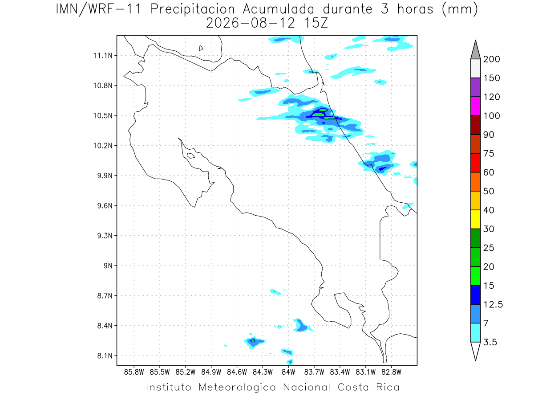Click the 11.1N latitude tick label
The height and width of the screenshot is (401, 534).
pyautogui.click(x=103, y=56)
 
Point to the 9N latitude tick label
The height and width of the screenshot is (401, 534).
pyautogui.click(x=108, y=266)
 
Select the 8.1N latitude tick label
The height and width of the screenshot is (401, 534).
pyautogui.click(x=105, y=356)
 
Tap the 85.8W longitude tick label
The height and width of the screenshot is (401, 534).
pyautogui.click(x=134, y=372)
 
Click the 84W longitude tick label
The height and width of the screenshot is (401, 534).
pyautogui.click(x=288, y=372)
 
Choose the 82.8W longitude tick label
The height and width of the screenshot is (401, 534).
pyautogui.click(x=392, y=372)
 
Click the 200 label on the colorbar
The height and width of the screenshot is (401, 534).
pyautogui.click(x=491, y=59)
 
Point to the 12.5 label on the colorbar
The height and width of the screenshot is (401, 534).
pyautogui.click(x=493, y=305)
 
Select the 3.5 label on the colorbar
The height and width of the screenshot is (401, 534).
pyautogui.click(x=490, y=342)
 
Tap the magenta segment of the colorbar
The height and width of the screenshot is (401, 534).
pyautogui.click(x=475, y=106)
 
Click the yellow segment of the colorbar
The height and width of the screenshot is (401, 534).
pyautogui.click(x=475, y=219)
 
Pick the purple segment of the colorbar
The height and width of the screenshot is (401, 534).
pyautogui.click(x=475, y=87)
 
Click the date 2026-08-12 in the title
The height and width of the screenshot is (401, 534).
pyautogui.click(x=251, y=23)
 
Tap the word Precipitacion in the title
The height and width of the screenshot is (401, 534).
pyautogui.click(x=192, y=9)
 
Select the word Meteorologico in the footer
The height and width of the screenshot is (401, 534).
pyautogui.click(x=237, y=387)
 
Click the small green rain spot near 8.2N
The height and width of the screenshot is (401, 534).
pyautogui.click(x=253, y=340)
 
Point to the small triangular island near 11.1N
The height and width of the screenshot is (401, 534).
pyautogui.click(x=201, y=48)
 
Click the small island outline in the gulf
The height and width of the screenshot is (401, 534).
pyautogui.click(x=191, y=155)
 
